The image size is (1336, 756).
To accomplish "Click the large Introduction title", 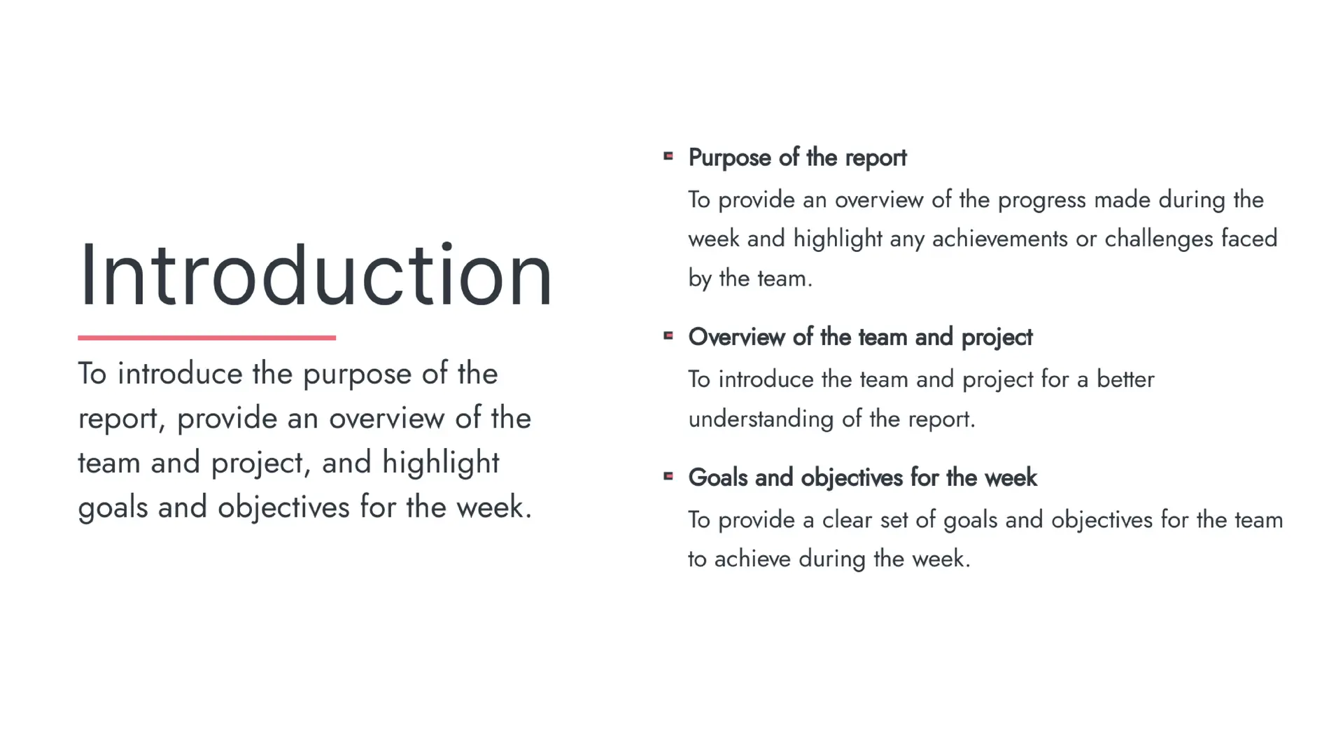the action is coord(316,274).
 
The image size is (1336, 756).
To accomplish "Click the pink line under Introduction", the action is coord(206,337).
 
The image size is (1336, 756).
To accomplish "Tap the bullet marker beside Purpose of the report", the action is coord(668,156).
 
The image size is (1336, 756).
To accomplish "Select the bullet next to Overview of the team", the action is coord(668,336).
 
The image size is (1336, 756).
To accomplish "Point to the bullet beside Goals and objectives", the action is coord(668,476).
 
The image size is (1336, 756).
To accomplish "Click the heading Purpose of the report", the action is coord(797,158).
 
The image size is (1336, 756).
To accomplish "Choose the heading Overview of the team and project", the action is coord(860,337).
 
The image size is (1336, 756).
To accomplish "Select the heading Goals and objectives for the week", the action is coord(862,477).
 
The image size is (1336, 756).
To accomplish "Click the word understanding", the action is coord(761,419).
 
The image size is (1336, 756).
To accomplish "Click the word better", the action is coord(1125,379).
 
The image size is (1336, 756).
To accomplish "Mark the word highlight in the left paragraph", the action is coord(440,463).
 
